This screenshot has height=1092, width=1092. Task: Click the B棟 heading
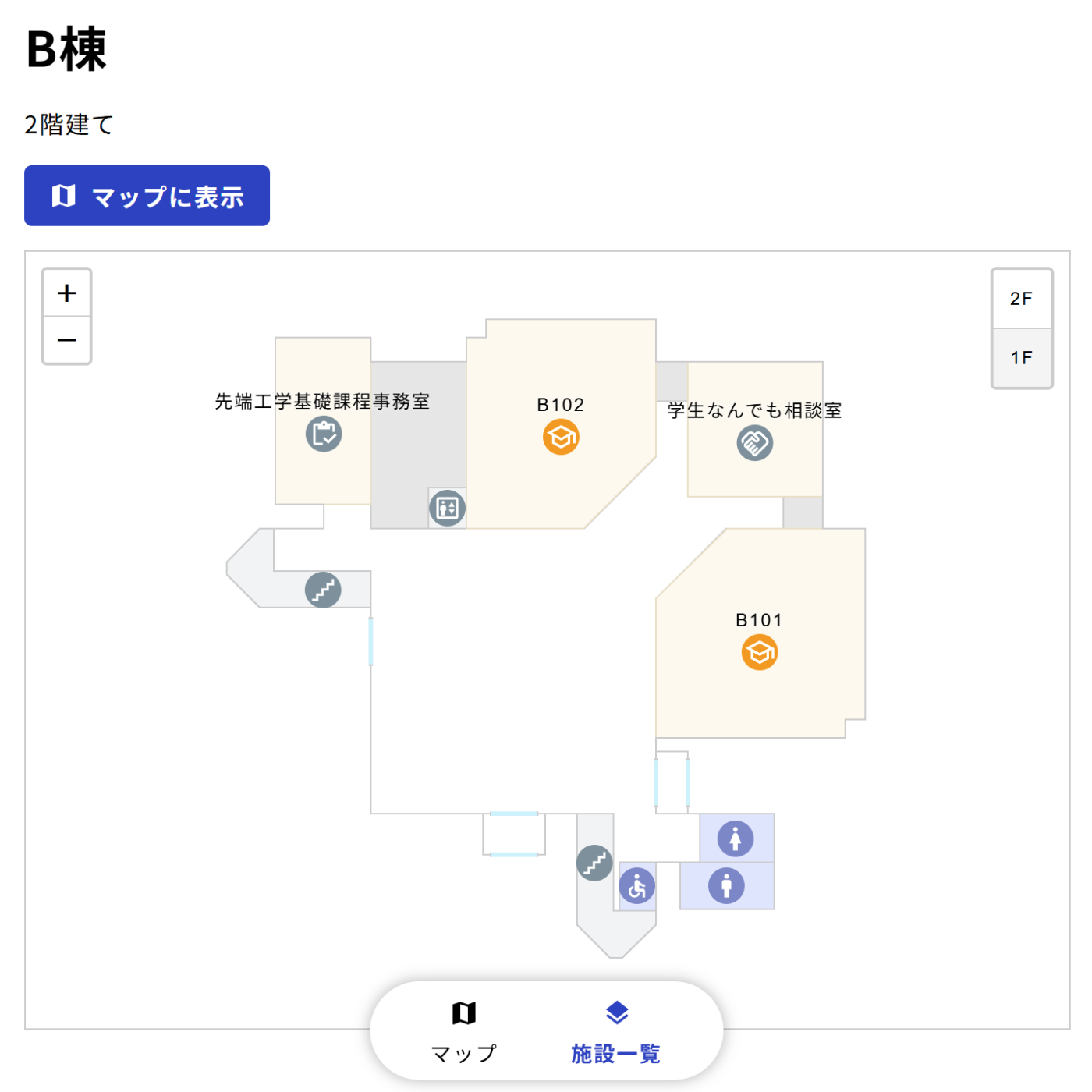click(66, 50)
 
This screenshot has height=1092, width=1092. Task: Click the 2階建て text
click(69, 125)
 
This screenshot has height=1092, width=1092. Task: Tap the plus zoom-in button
click(67, 293)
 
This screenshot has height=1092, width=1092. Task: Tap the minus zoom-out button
click(67, 340)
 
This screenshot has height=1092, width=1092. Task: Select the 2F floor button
click(1021, 299)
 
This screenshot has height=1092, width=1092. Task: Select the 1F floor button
click(1021, 358)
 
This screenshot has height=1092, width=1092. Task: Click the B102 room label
click(560, 405)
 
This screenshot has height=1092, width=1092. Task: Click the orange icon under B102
click(561, 437)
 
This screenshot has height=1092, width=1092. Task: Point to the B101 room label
click(759, 620)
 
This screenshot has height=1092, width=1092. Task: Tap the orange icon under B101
click(760, 652)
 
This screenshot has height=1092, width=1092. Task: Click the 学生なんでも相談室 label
click(754, 410)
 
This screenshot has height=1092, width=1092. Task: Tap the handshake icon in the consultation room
click(754, 443)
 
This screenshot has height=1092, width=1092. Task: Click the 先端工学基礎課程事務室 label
click(322, 401)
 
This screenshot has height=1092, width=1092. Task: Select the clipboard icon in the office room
click(324, 434)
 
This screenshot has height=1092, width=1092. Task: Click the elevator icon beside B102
click(447, 509)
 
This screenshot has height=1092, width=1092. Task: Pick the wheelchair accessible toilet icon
click(637, 886)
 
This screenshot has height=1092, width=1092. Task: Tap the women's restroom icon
click(735, 839)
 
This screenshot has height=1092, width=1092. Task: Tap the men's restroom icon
click(726, 886)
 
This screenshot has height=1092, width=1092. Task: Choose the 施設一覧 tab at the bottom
click(615, 1031)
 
